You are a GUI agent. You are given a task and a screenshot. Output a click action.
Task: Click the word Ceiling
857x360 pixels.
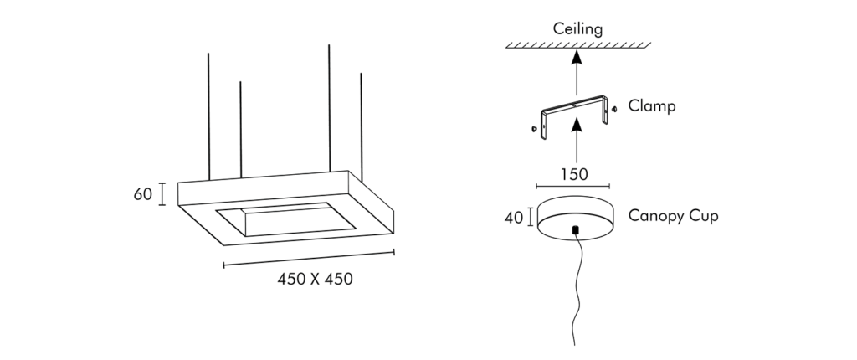[577, 29]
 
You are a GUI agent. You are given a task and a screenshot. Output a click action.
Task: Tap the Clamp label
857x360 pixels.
[651, 105]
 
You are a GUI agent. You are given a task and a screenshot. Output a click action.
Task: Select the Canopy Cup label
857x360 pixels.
[674, 215]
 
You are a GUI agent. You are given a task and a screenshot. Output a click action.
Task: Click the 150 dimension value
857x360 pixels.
[574, 174]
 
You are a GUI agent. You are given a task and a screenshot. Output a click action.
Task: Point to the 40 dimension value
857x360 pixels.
[514, 218]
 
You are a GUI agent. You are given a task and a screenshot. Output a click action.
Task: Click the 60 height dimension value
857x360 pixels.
[142, 194]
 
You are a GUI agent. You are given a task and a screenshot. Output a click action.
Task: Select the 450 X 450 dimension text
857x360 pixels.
[315, 279]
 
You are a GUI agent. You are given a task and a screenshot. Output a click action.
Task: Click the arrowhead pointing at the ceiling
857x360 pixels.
[576, 57]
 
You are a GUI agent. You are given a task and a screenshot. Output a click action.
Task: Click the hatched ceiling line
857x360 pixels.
[578, 45]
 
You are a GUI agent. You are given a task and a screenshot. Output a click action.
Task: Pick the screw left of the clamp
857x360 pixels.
[534, 129]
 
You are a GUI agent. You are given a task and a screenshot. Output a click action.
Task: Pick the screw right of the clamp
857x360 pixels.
[614, 109]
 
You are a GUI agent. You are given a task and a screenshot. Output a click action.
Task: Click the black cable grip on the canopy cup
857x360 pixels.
[575, 230]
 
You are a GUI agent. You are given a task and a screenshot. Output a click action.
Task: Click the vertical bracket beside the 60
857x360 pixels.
[162, 194]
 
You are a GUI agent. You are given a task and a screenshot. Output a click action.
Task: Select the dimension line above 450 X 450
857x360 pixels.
[309, 258]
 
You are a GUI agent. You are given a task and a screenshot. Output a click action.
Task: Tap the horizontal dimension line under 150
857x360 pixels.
[572, 187]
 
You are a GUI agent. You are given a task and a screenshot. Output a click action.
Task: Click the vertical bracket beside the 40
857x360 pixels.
[530, 217]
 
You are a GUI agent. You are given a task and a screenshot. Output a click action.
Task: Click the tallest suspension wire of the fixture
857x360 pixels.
[329, 109]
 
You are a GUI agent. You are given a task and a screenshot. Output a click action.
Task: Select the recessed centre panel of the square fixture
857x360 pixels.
[286, 219]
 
